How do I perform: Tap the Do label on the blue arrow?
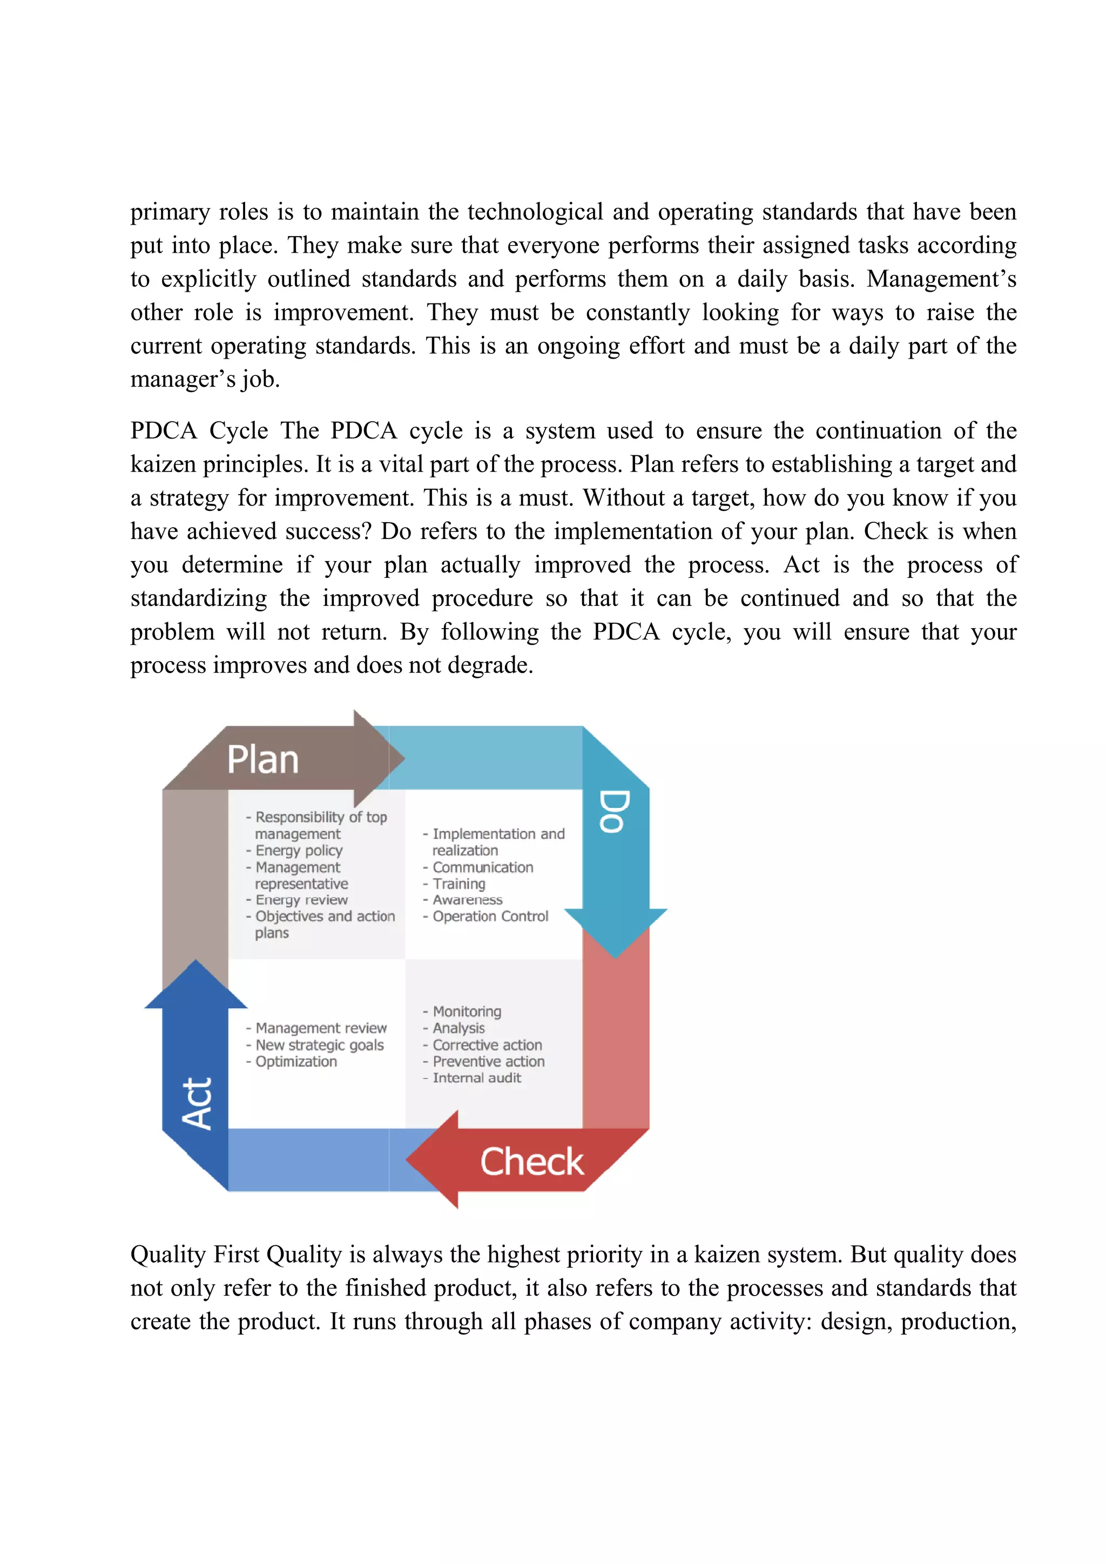coord(613,811)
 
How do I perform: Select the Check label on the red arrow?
coord(532,1162)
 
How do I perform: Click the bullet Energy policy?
coord(298,851)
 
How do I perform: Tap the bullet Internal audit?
coord(476,1078)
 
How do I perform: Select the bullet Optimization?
coord(295,1062)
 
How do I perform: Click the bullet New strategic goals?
coord(319,1045)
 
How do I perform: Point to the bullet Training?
coord(458,884)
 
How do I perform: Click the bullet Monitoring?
coord(467,1012)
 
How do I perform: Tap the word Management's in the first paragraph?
coord(941,279)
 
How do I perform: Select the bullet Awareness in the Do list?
coord(467,900)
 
